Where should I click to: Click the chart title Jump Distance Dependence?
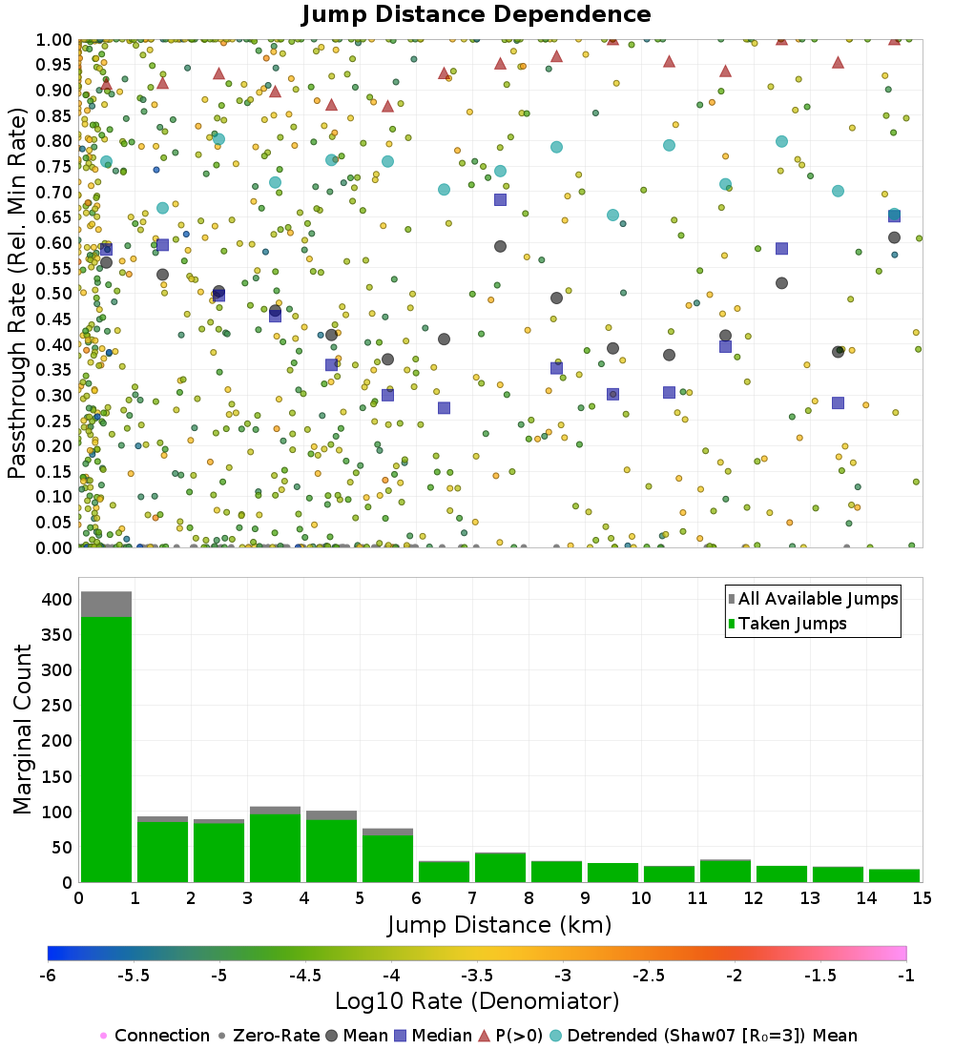476,15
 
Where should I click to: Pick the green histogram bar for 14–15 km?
894,875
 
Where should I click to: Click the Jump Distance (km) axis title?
499,925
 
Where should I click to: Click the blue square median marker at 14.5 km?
894,216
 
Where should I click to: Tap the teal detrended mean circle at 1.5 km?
162,208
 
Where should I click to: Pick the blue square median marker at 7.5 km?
500,199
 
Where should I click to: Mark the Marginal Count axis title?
21,730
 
